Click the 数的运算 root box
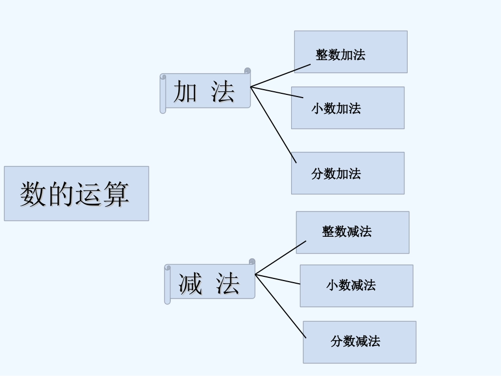[x=76, y=194]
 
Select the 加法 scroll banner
[x=206, y=91]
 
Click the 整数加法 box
[x=351, y=52]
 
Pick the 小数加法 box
[x=348, y=108]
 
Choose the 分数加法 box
[x=348, y=173]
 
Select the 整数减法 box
[x=352, y=232]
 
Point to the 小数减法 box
[x=357, y=286]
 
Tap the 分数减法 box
[x=359, y=342]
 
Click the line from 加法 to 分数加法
[x=274, y=125]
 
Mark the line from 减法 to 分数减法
[x=281, y=306]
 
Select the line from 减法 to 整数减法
[x=281, y=258]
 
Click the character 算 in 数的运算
[x=117, y=194]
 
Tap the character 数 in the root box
[x=32, y=194]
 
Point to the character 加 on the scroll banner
[x=185, y=92]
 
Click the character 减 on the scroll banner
[x=190, y=283]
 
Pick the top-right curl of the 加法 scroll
[x=247, y=71]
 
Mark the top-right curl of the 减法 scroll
[x=252, y=262]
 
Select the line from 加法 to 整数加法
[x=281, y=75]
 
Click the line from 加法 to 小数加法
[x=277, y=92]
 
